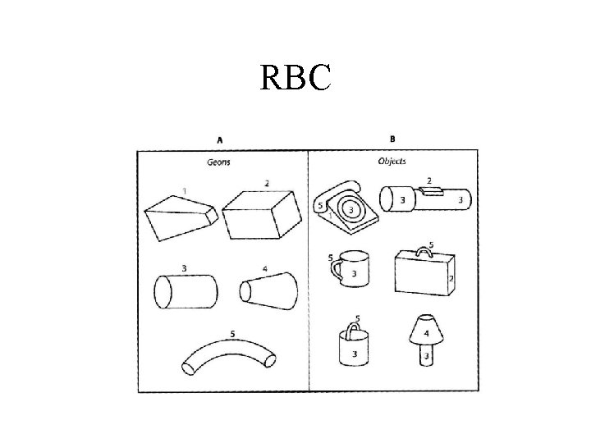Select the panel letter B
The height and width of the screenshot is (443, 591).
pos(391,138)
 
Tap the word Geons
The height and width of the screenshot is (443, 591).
pos(218,162)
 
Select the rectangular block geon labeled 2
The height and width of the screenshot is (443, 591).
pos(259,212)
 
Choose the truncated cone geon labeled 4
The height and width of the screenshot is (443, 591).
pos(267,290)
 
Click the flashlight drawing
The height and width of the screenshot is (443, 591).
pos(425,199)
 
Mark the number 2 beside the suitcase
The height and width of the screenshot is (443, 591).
pos(451,279)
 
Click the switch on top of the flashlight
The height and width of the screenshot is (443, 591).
pos(430,190)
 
